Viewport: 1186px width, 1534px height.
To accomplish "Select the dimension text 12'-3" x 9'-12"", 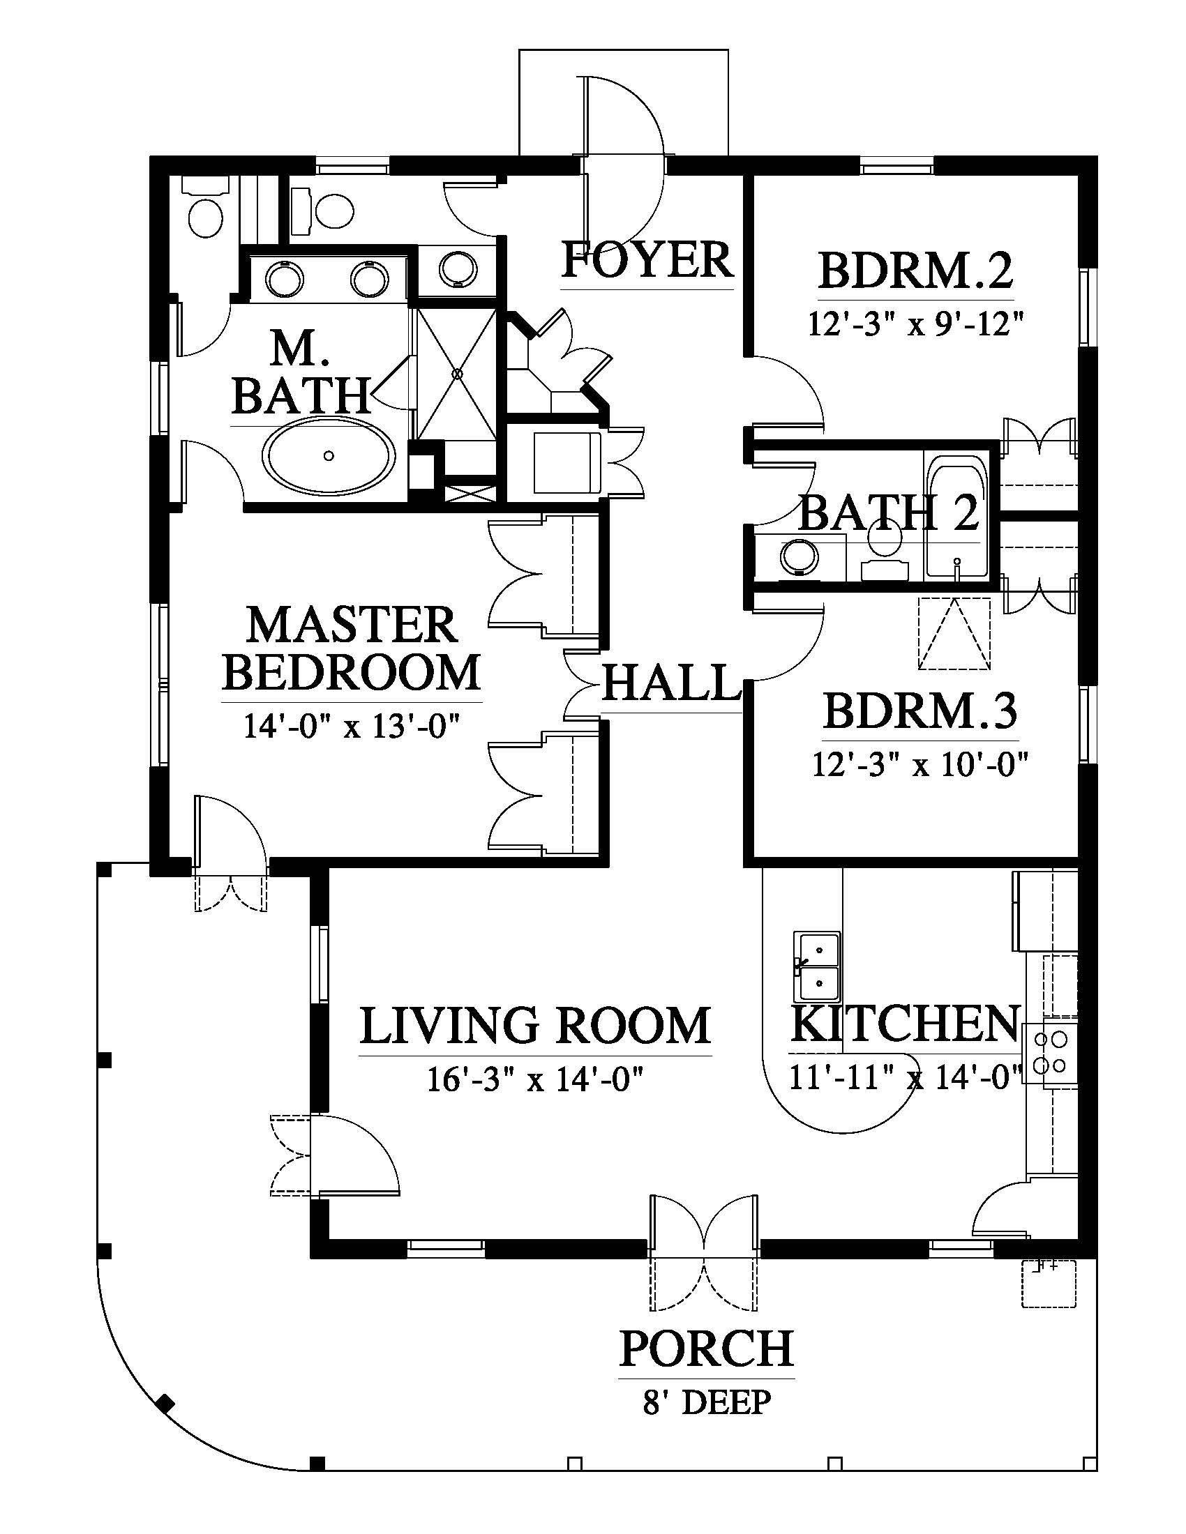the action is click(915, 324).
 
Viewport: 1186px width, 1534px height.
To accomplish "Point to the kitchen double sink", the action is click(817, 967).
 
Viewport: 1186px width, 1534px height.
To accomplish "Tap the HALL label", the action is click(672, 683).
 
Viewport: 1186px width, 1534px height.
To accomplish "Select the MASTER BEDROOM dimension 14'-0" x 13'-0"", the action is click(352, 726).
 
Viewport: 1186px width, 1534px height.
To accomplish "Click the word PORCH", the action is click(706, 1348).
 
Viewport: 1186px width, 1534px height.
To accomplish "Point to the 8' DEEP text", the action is click(706, 1403).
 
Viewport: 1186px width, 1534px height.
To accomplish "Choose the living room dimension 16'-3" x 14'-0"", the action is click(536, 1079).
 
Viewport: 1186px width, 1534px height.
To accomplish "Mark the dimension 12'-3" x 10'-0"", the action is click(920, 764).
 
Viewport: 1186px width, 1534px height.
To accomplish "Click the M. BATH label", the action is click(301, 372).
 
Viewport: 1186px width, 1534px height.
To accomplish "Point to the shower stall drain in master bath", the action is click(458, 374).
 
